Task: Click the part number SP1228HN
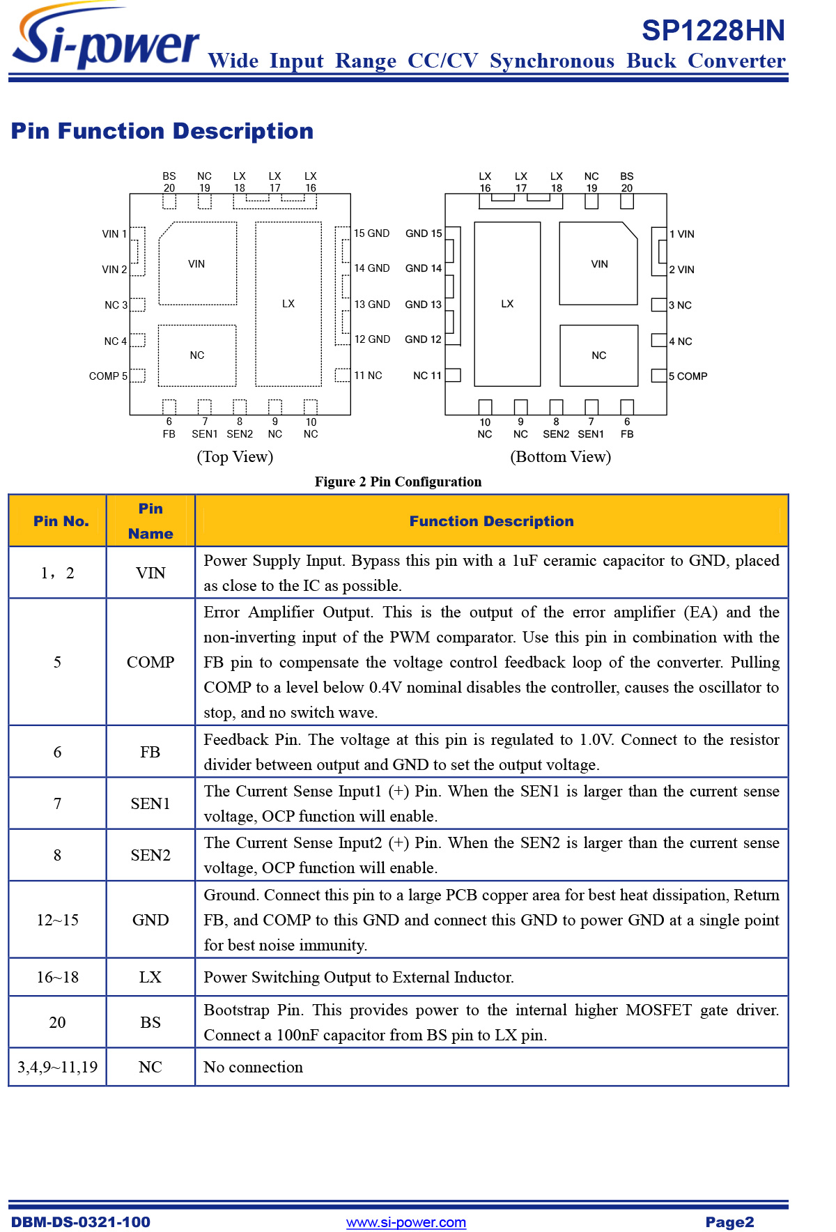point(713,31)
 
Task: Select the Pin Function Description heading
point(162,131)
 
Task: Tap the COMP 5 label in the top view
point(108,376)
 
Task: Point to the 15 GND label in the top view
point(371,233)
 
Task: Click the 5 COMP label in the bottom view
point(688,376)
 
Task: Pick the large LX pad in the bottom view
point(507,304)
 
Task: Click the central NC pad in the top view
point(197,355)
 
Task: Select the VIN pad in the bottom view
point(599,264)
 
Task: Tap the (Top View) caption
point(235,456)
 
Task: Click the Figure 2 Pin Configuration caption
point(398,482)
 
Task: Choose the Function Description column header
point(491,521)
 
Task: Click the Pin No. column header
point(61,521)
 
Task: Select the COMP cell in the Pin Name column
point(150,662)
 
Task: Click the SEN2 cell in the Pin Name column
point(150,855)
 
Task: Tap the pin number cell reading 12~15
point(57,920)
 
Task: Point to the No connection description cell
point(253,1067)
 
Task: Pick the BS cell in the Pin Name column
point(150,1022)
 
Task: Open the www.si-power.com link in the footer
point(406,1222)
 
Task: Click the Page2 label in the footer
point(729,1222)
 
